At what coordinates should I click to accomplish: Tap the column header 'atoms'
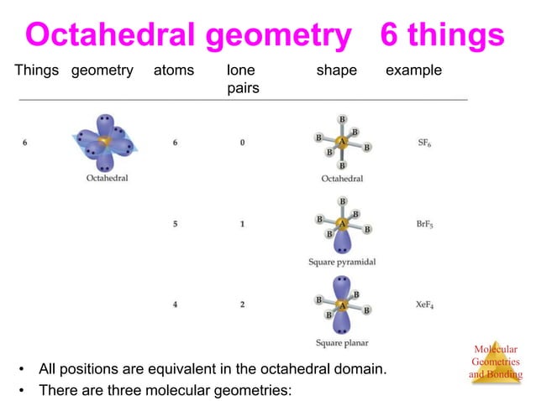[174, 71]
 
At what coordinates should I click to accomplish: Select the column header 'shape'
[336, 71]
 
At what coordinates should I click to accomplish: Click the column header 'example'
[413, 71]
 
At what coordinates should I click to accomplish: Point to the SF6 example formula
[426, 143]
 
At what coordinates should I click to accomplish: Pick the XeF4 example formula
[426, 305]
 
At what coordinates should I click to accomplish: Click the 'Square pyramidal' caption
[342, 263]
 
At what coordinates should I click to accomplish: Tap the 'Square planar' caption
[342, 342]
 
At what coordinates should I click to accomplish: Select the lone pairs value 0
[242, 143]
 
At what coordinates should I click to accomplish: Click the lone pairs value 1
[242, 225]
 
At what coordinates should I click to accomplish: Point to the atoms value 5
[175, 225]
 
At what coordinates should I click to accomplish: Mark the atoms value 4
[175, 305]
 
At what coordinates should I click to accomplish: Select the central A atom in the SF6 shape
[341, 142]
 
